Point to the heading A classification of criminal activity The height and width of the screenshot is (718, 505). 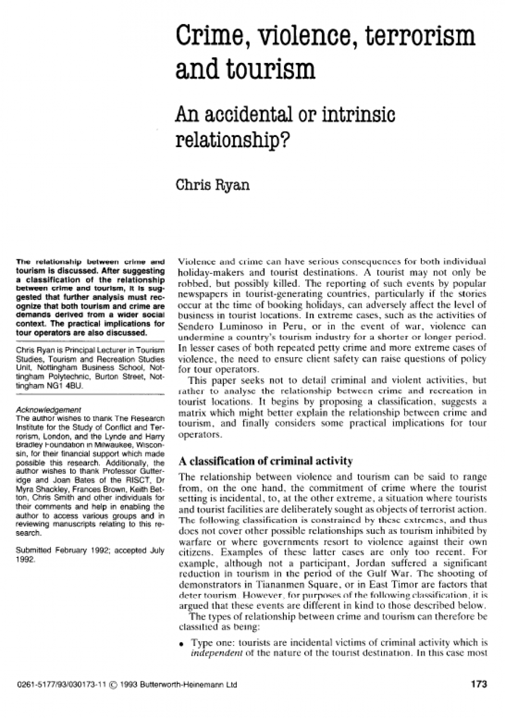[265, 461]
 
